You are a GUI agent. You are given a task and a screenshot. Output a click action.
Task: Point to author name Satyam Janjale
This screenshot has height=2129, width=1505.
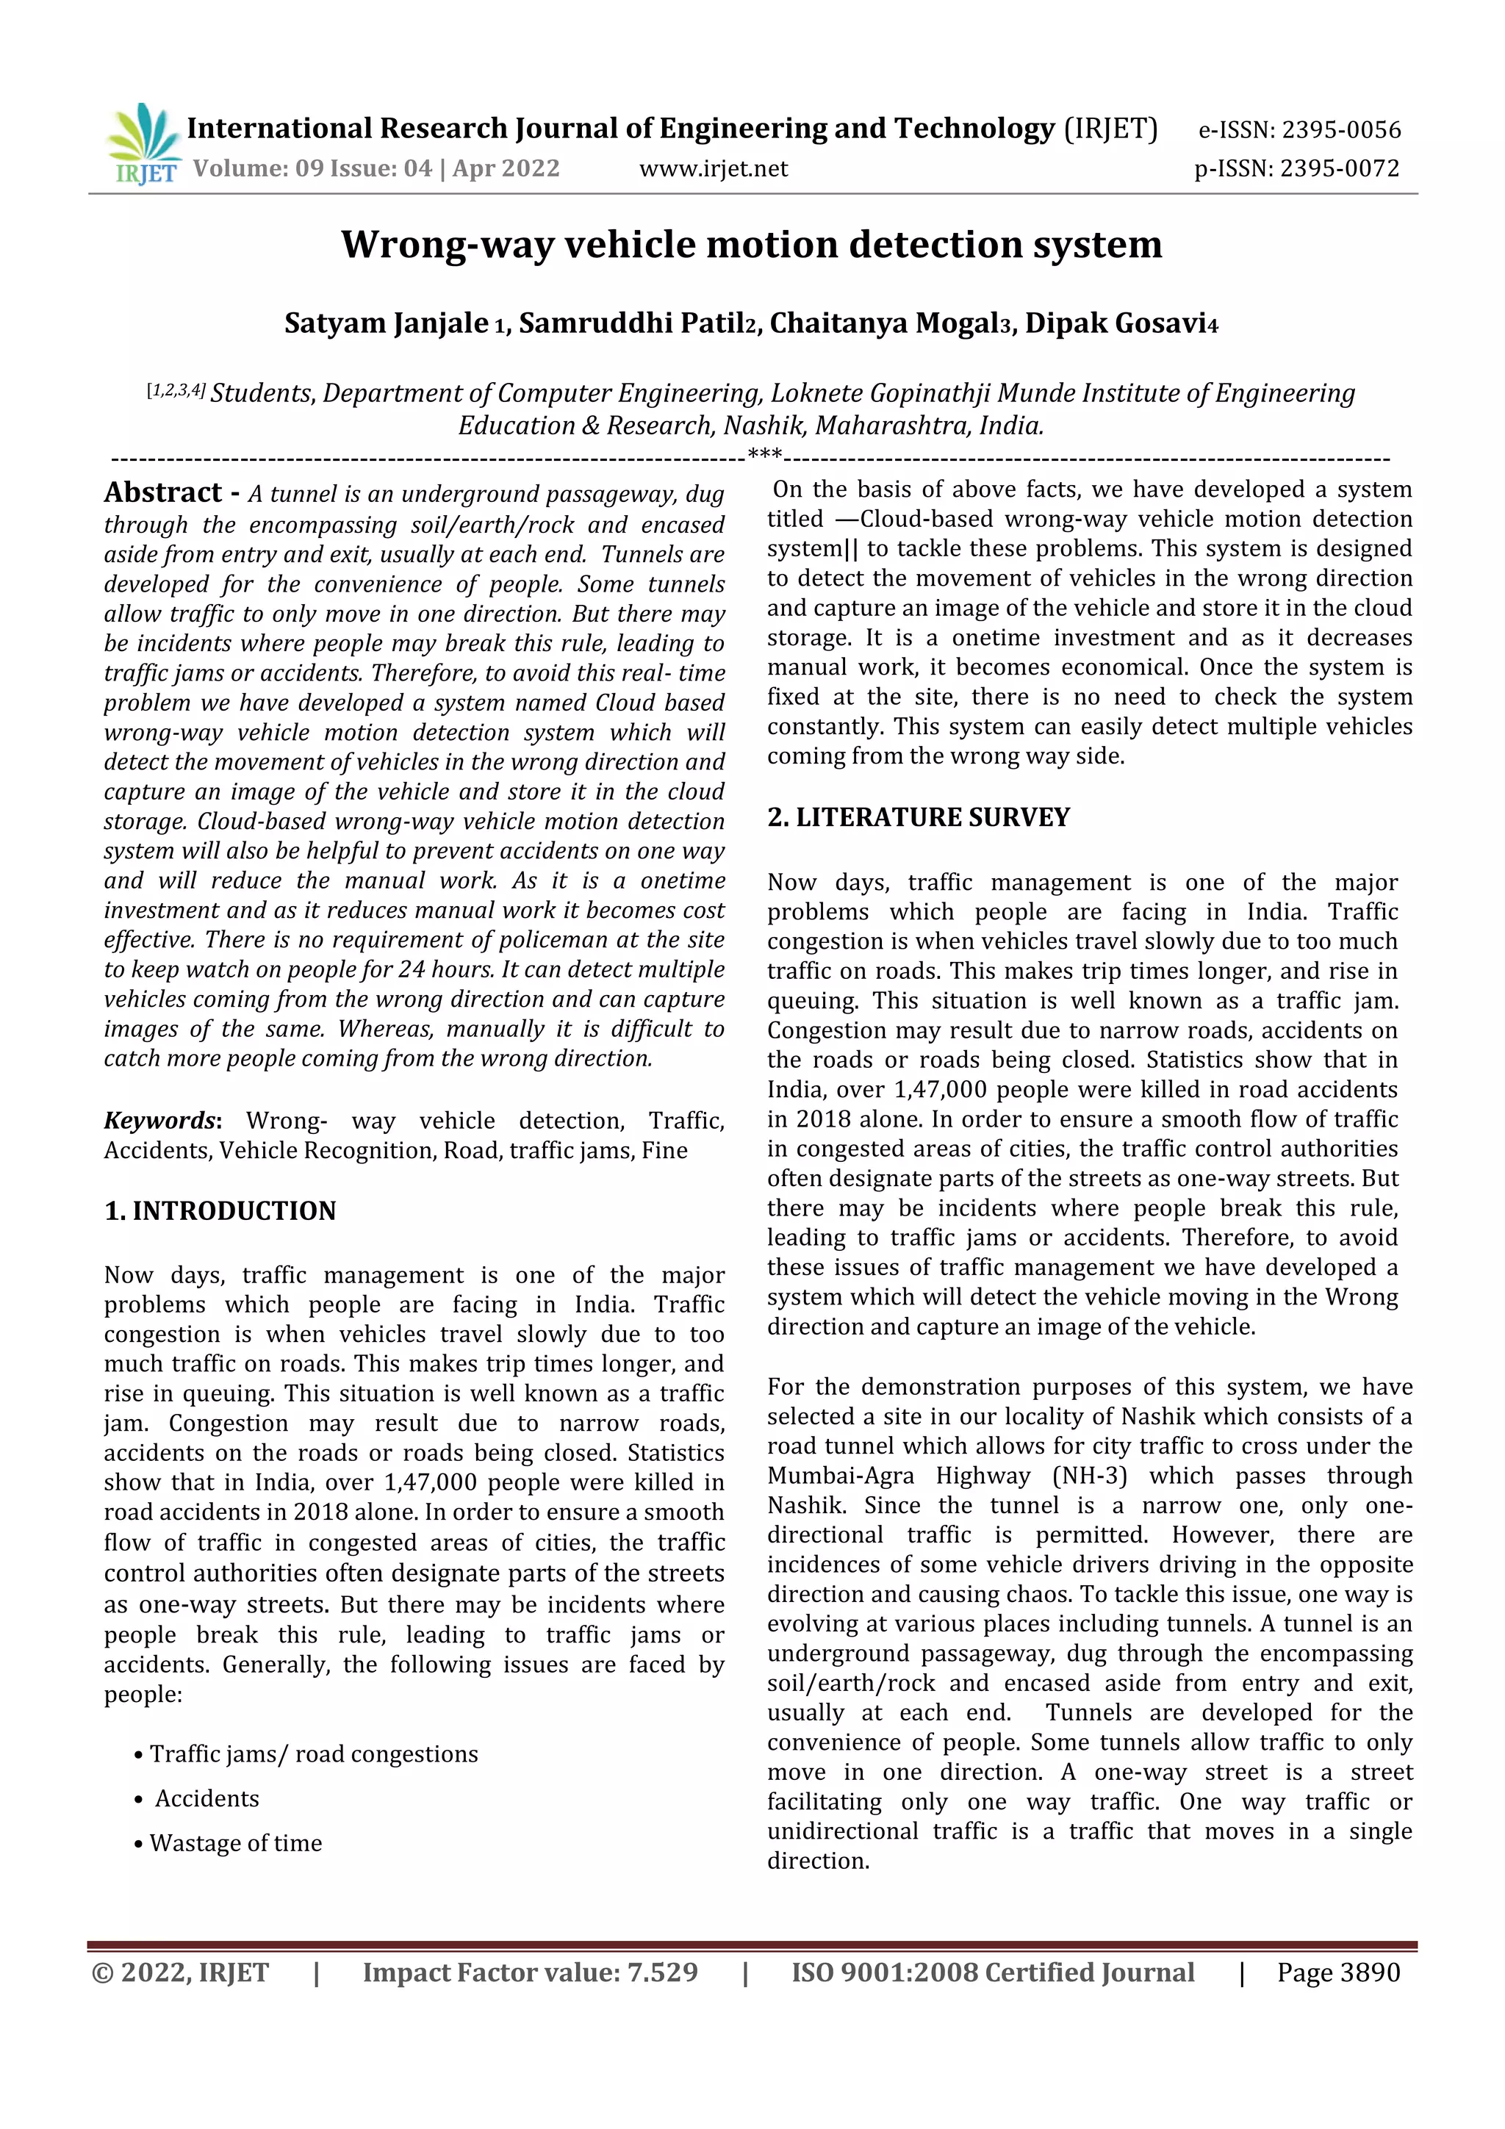tap(386, 323)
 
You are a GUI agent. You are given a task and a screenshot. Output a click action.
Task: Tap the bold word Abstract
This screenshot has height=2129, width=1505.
tap(163, 492)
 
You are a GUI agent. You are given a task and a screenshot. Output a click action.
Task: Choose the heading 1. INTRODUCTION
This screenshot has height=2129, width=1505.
tap(220, 1211)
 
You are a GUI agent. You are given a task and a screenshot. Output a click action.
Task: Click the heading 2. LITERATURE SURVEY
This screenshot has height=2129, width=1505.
tap(918, 817)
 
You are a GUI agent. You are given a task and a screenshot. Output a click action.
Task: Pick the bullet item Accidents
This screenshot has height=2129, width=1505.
tap(206, 1799)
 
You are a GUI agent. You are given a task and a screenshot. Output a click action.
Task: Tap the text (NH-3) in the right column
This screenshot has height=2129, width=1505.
tap(1090, 1476)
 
